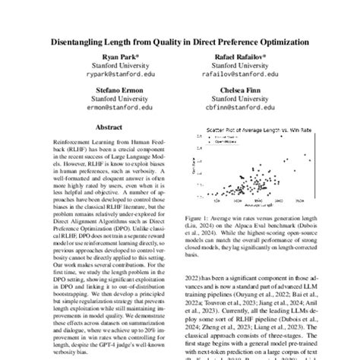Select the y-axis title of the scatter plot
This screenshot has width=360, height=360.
tap(191, 171)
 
